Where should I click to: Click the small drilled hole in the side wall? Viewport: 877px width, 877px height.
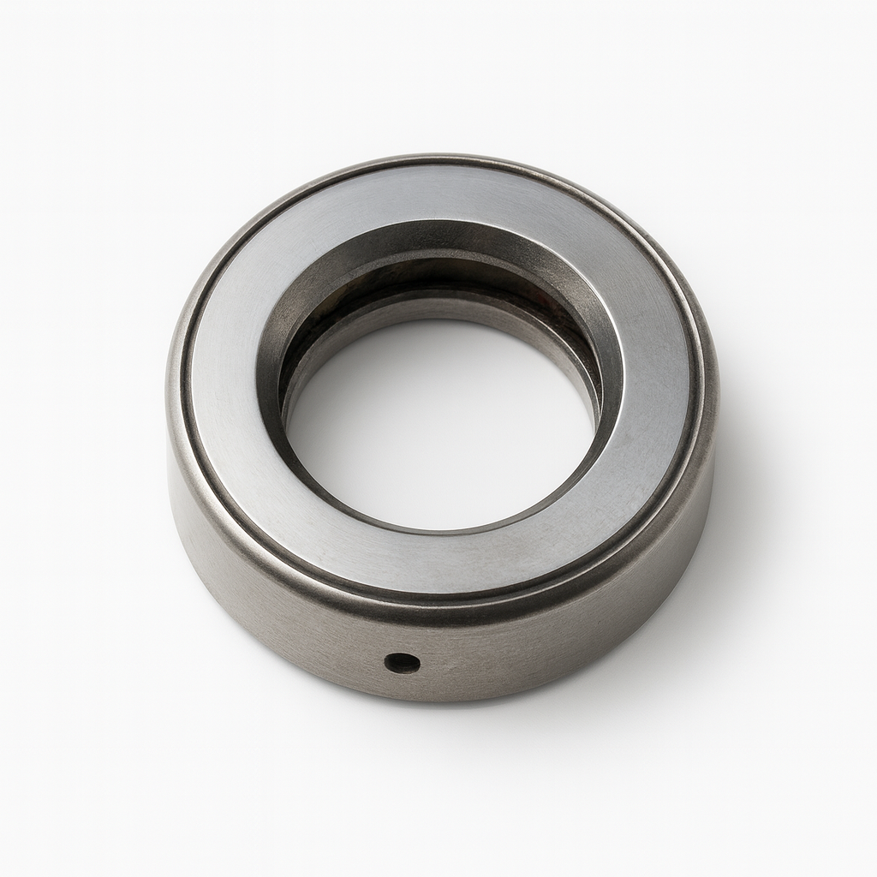(402, 661)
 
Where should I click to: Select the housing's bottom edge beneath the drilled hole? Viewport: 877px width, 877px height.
(403, 695)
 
